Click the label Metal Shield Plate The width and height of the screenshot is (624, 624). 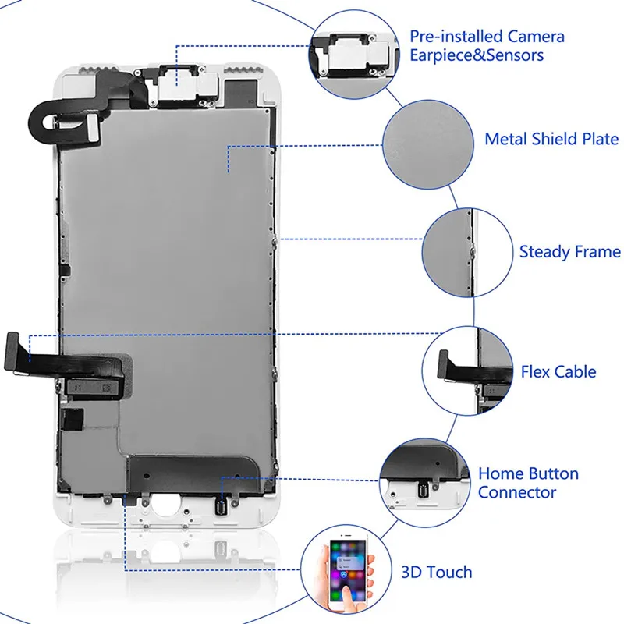[x=551, y=140]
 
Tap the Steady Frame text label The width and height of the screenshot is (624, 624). [x=569, y=252]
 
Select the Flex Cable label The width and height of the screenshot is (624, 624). [x=558, y=371]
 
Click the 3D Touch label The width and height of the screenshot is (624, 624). [x=436, y=572]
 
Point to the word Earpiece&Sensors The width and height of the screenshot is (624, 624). [x=477, y=55]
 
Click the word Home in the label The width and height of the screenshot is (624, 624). [x=501, y=473]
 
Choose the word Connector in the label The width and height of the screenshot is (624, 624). [x=517, y=492]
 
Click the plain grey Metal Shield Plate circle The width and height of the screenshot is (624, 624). [x=427, y=139]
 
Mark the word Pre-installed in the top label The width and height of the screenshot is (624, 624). [x=456, y=37]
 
